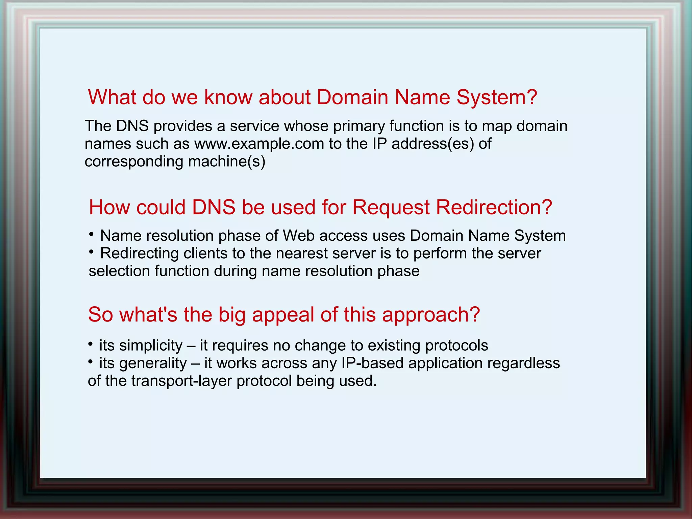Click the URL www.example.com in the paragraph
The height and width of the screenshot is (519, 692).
click(x=259, y=144)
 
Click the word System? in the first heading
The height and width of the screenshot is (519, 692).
click(x=496, y=97)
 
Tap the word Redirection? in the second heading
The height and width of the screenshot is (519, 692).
click(x=494, y=207)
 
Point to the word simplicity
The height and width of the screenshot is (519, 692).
click(x=151, y=346)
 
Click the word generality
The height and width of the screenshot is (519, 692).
click(x=153, y=363)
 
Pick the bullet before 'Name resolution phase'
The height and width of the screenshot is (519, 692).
click(x=91, y=234)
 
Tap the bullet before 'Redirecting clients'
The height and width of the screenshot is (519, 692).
click(x=91, y=252)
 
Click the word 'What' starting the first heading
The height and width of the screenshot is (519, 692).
click(x=112, y=97)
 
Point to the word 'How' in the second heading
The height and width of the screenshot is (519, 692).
click(x=109, y=207)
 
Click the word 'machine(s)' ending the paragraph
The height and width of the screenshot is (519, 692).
click(x=226, y=162)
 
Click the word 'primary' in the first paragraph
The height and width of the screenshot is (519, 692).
click(x=359, y=126)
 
